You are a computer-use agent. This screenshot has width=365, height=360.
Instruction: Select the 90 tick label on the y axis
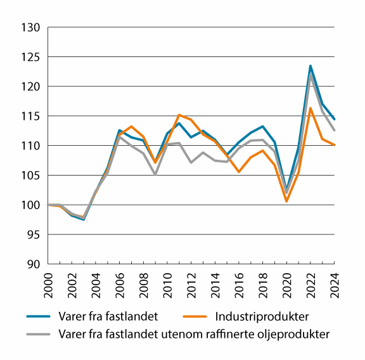pyautogui.click(x=33, y=264)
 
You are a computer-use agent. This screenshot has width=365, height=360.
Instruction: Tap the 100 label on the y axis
pyautogui.click(x=31, y=205)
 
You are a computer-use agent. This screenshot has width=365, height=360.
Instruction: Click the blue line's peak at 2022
pyautogui.click(x=311, y=65)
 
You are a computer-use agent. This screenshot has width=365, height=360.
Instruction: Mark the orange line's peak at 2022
pyautogui.click(x=311, y=108)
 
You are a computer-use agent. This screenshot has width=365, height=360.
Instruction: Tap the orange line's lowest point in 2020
pyautogui.click(x=287, y=202)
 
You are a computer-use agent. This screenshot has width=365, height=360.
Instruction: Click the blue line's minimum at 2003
pyautogui.click(x=84, y=219)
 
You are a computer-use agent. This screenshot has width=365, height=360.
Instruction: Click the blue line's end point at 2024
pyautogui.click(x=334, y=119)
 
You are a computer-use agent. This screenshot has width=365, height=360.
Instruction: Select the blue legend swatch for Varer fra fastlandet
pyautogui.click(x=39, y=315)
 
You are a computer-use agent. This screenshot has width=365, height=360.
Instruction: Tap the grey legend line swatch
pyautogui.click(x=39, y=333)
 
